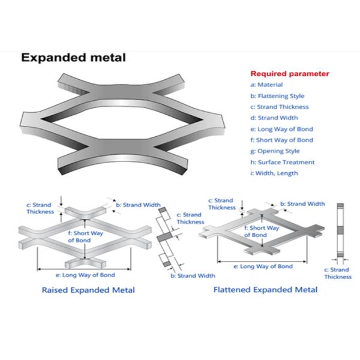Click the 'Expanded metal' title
pyautogui.click(x=74, y=58)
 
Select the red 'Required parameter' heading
pyautogui.click(x=290, y=74)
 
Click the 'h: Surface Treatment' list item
pyautogui.click(x=283, y=162)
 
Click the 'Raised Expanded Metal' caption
pyautogui.click(x=88, y=290)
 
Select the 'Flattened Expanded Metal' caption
pyautogui.click(x=266, y=290)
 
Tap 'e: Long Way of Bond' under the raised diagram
pyautogui.click(x=86, y=275)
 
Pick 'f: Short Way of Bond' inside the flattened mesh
pyautogui.click(x=265, y=232)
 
